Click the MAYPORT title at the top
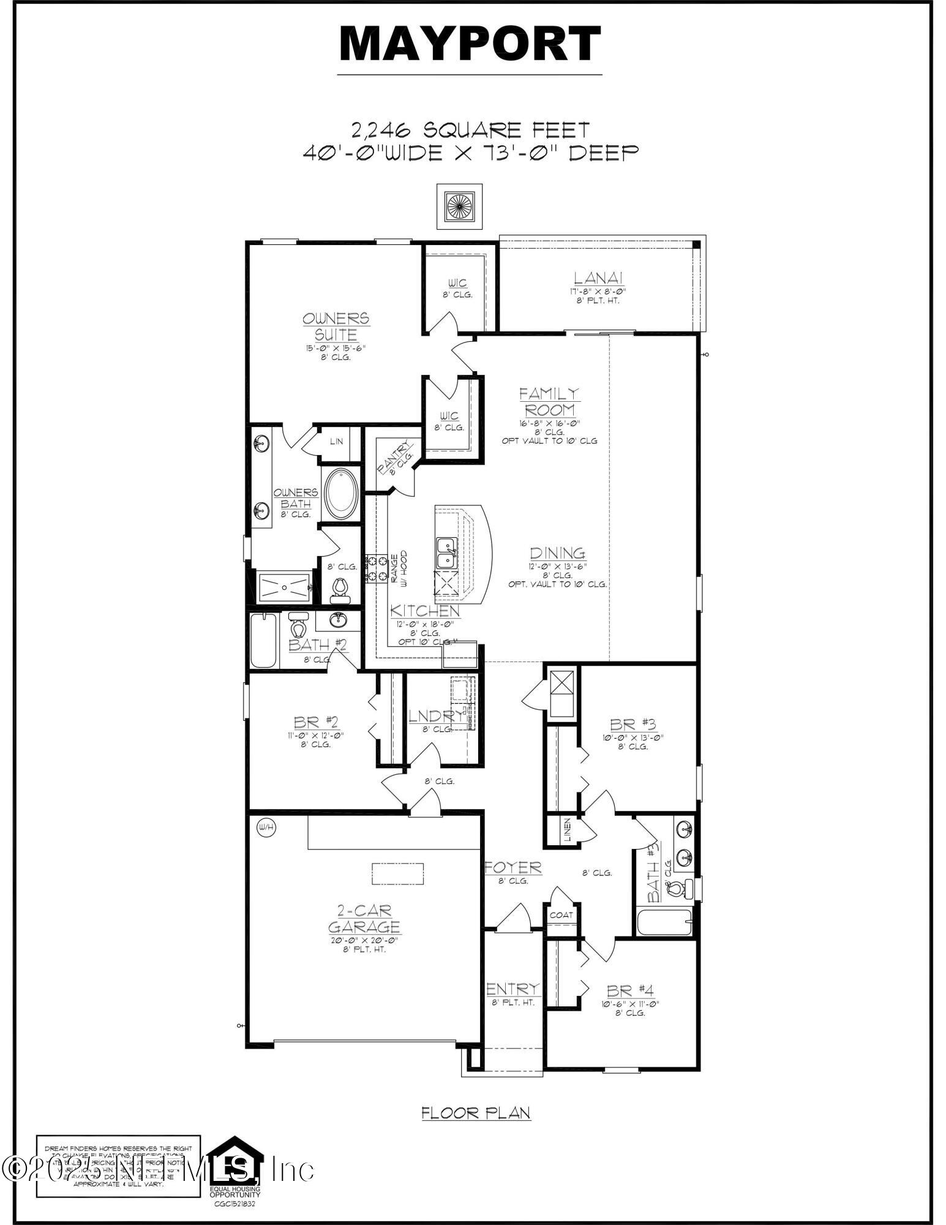470,43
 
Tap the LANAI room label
599,278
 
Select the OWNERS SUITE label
336,326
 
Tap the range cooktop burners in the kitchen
376,568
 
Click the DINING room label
557,553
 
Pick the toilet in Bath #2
298,626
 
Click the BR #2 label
315,723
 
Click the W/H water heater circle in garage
267,827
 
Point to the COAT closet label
561,915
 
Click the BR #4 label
630,990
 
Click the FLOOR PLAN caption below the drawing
476,1113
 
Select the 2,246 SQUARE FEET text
470,130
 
